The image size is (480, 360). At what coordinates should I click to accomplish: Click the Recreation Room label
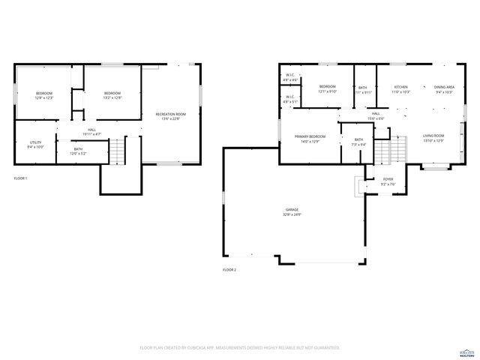[170, 116]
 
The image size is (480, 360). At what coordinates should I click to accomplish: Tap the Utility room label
[35, 144]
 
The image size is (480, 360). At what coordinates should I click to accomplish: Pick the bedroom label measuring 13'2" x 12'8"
[112, 95]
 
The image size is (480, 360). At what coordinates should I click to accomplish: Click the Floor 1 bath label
[78, 152]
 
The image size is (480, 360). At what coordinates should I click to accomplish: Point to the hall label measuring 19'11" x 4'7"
[91, 132]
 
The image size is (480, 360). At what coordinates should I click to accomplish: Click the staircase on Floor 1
[116, 154]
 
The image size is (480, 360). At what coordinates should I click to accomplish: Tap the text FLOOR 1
[20, 178]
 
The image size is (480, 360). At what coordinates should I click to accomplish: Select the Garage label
[292, 212]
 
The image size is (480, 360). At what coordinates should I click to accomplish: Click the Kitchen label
[401, 89]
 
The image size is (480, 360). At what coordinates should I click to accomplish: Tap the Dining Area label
[445, 89]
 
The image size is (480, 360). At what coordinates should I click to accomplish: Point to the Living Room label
[433, 139]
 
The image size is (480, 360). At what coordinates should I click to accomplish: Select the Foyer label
[388, 181]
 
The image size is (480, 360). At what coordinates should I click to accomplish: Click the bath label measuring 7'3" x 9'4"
[358, 142]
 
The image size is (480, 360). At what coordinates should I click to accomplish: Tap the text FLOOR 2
[229, 269]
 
